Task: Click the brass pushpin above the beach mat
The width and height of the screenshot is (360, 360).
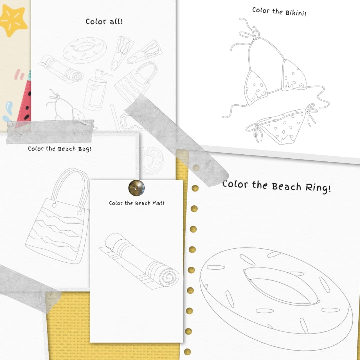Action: (136, 188)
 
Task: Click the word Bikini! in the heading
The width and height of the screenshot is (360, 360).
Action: (296, 12)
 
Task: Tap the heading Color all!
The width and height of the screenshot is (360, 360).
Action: (104, 22)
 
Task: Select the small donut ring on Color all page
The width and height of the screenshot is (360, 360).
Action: (85, 50)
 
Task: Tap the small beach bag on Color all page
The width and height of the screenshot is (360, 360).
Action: (135, 83)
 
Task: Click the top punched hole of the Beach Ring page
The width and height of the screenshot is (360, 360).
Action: (196, 188)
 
